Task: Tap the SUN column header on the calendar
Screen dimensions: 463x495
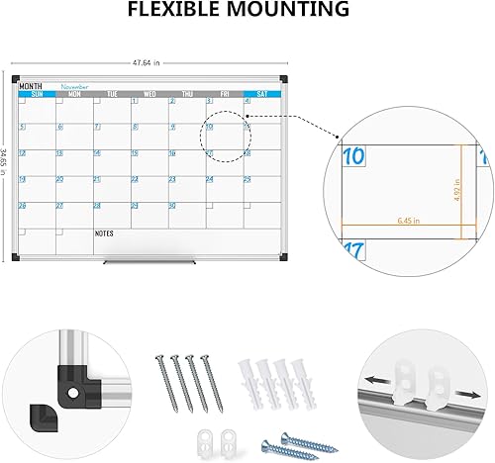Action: [37, 95]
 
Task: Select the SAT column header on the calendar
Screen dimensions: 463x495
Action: [261, 95]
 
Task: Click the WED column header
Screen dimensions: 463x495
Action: [149, 95]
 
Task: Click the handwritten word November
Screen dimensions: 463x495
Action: [75, 86]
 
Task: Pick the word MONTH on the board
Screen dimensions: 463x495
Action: [31, 86]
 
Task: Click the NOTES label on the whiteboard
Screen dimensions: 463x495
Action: [103, 233]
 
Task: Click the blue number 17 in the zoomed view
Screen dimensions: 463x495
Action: [352, 252]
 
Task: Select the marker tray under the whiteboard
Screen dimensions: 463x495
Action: [149, 260]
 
